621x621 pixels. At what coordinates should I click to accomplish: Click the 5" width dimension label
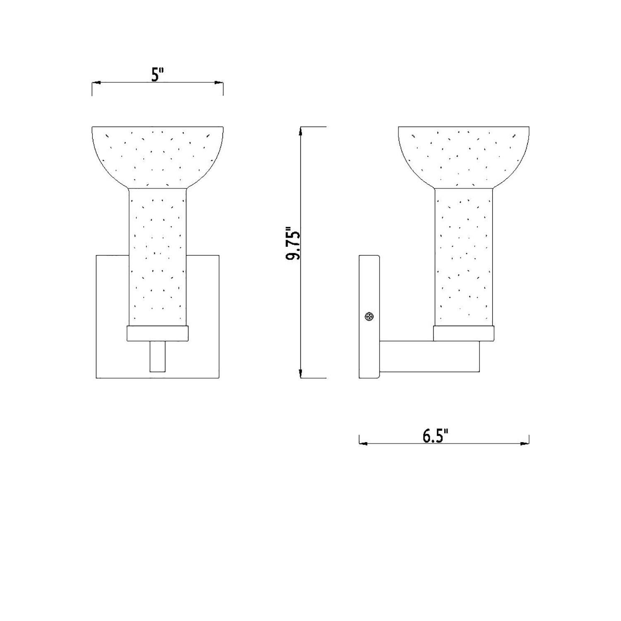pos(157,75)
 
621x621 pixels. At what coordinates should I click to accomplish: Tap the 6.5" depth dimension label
pos(436,436)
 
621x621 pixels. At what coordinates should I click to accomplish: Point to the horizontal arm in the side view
pos(429,356)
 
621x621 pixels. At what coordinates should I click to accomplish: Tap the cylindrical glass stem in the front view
pos(158,257)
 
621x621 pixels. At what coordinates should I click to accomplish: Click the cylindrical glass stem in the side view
pos(464,257)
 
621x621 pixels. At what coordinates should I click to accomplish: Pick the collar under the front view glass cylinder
pos(158,333)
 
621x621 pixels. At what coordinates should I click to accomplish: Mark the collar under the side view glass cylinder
pos(464,333)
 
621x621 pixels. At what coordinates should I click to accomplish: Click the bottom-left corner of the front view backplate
pos(96,378)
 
